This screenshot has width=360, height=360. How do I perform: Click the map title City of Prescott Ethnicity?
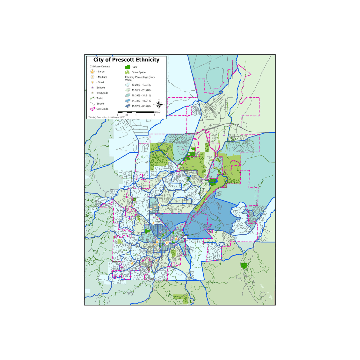tap(126, 60)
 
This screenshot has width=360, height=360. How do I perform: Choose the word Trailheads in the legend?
tap(102, 93)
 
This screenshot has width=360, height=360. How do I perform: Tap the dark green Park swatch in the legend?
tap(127, 67)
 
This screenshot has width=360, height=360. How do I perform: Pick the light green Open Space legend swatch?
tap(127, 72)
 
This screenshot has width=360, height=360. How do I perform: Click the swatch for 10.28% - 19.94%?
tap(127, 85)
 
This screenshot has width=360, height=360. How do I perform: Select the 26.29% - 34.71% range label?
tap(141, 95)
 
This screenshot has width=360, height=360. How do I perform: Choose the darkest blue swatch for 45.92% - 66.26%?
tap(127, 106)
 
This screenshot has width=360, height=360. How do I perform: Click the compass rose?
tap(159, 105)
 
